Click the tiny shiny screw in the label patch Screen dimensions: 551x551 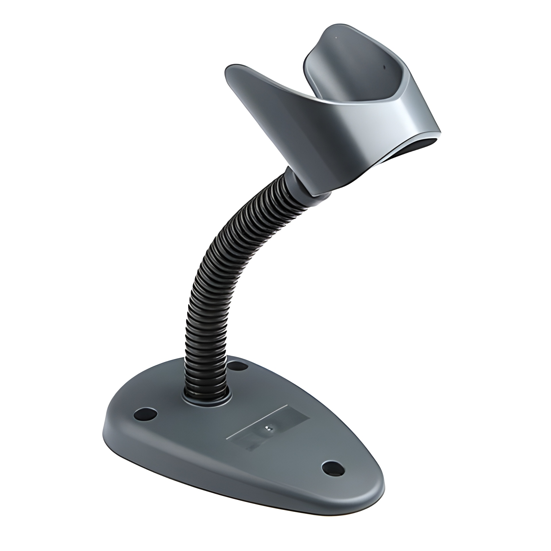point(268,436)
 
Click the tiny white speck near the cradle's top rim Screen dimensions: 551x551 point(335,38)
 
